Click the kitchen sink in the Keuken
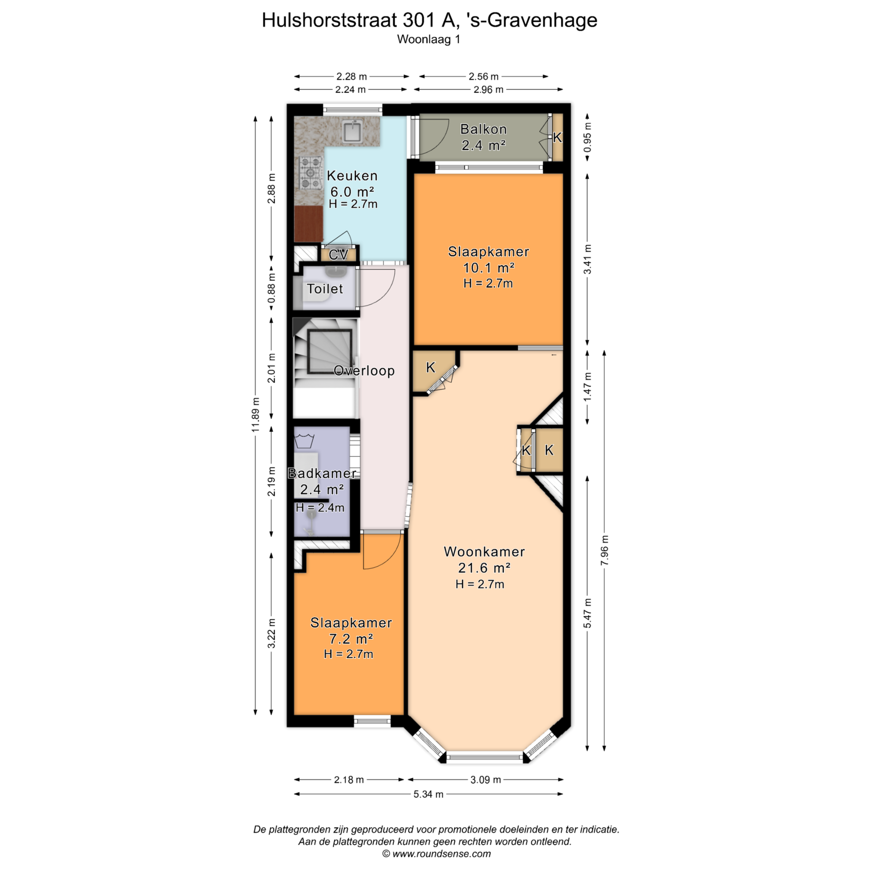click(353, 132)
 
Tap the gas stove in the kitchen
click(311, 172)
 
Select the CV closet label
click(339, 255)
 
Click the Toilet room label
click(325, 289)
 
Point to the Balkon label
click(483, 129)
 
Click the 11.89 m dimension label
click(256, 415)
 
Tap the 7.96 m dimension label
click(605, 550)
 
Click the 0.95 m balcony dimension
click(587, 138)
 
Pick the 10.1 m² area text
click(488, 268)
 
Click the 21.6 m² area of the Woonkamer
click(484, 568)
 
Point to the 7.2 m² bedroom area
click(351, 639)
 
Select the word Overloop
click(364, 371)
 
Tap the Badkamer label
click(322, 473)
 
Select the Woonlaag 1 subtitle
click(429, 39)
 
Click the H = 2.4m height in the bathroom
click(320, 508)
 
